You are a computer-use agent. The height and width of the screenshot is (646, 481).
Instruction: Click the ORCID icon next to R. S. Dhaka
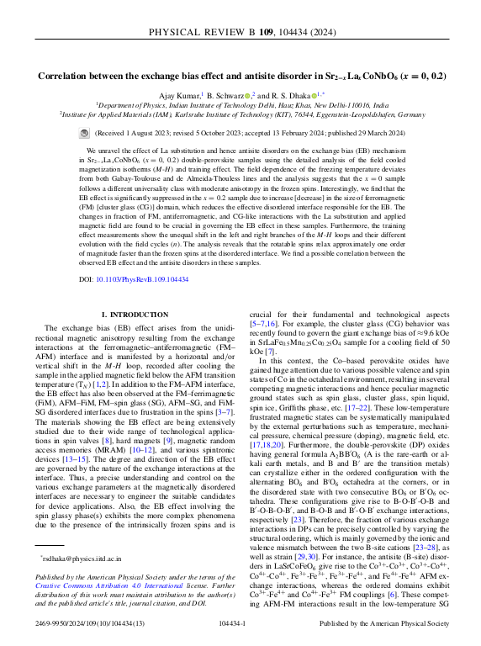314,95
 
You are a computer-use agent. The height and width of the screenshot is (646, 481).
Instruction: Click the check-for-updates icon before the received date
83,134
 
